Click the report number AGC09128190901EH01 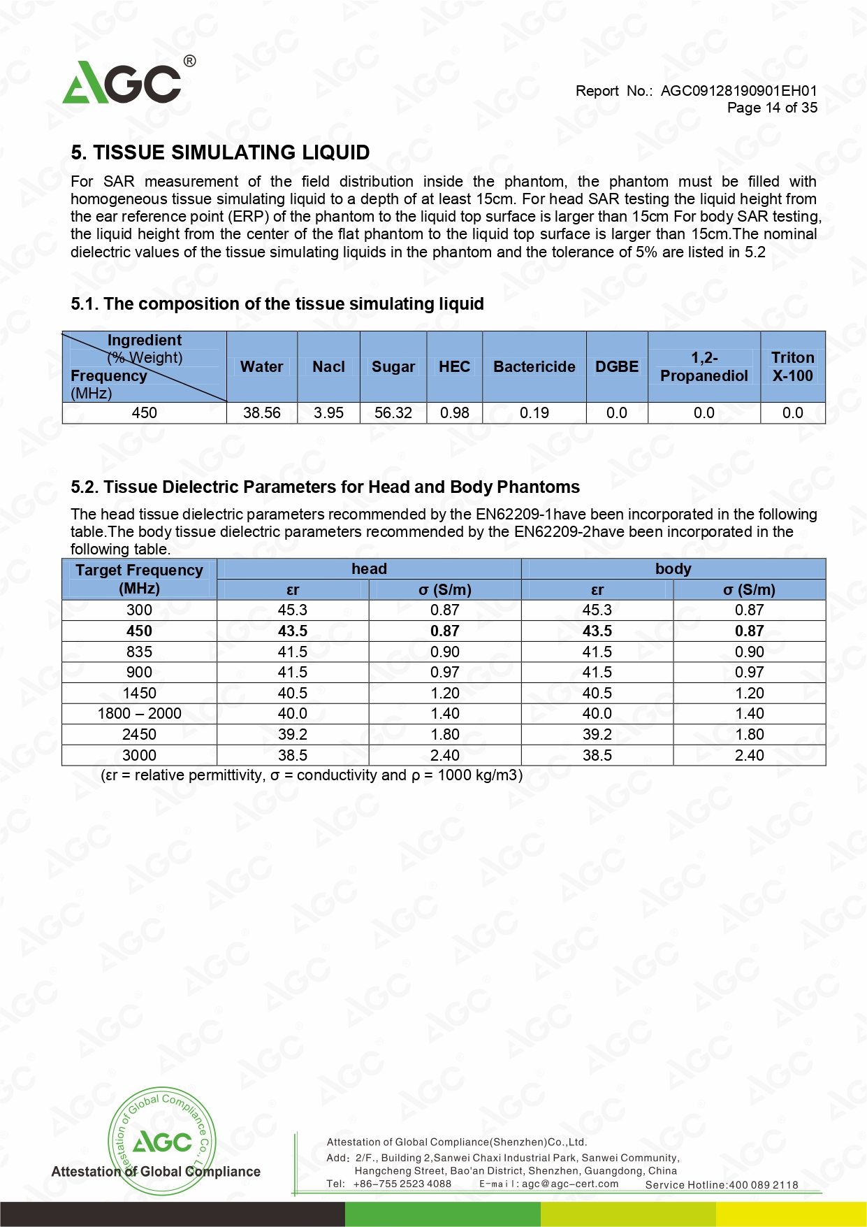[738, 91]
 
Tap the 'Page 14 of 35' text [772, 108]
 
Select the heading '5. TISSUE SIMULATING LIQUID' [220, 152]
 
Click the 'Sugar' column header [393, 367]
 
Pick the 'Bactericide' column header [534, 367]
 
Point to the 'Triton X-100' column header [792, 367]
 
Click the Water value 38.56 [261, 413]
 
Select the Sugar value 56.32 [393, 413]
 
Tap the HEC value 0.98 [454, 413]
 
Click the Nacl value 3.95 [328, 413]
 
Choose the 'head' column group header [369, 569]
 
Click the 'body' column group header [673, 569]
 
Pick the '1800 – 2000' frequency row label [139, 714]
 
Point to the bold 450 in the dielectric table [139, 631]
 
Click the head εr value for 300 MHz [292, 610]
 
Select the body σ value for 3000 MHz [749, 756]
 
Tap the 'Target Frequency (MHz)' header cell [139, 579]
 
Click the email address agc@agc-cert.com [570, 1184]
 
